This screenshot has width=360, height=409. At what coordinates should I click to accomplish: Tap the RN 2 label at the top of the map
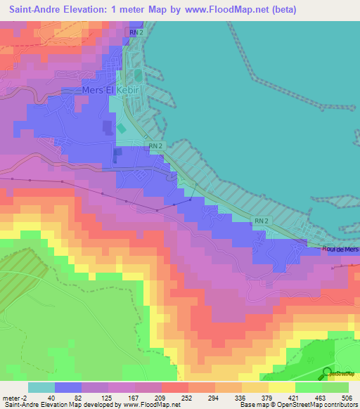[136, 33]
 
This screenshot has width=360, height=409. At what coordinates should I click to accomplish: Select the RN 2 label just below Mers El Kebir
[156, 145]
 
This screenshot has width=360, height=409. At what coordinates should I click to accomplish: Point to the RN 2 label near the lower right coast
[262, 221]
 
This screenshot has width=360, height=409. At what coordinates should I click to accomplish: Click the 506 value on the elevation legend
[347, 397]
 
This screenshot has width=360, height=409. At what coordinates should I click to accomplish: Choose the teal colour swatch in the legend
[41, 387]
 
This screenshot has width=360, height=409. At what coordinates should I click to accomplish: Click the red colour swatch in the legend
[174, 387]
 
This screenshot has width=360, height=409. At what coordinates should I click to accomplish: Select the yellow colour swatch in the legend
[281, 387]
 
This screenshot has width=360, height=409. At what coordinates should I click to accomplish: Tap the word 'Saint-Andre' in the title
[32, 10]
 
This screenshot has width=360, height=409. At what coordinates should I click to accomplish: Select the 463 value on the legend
[321, 397]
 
